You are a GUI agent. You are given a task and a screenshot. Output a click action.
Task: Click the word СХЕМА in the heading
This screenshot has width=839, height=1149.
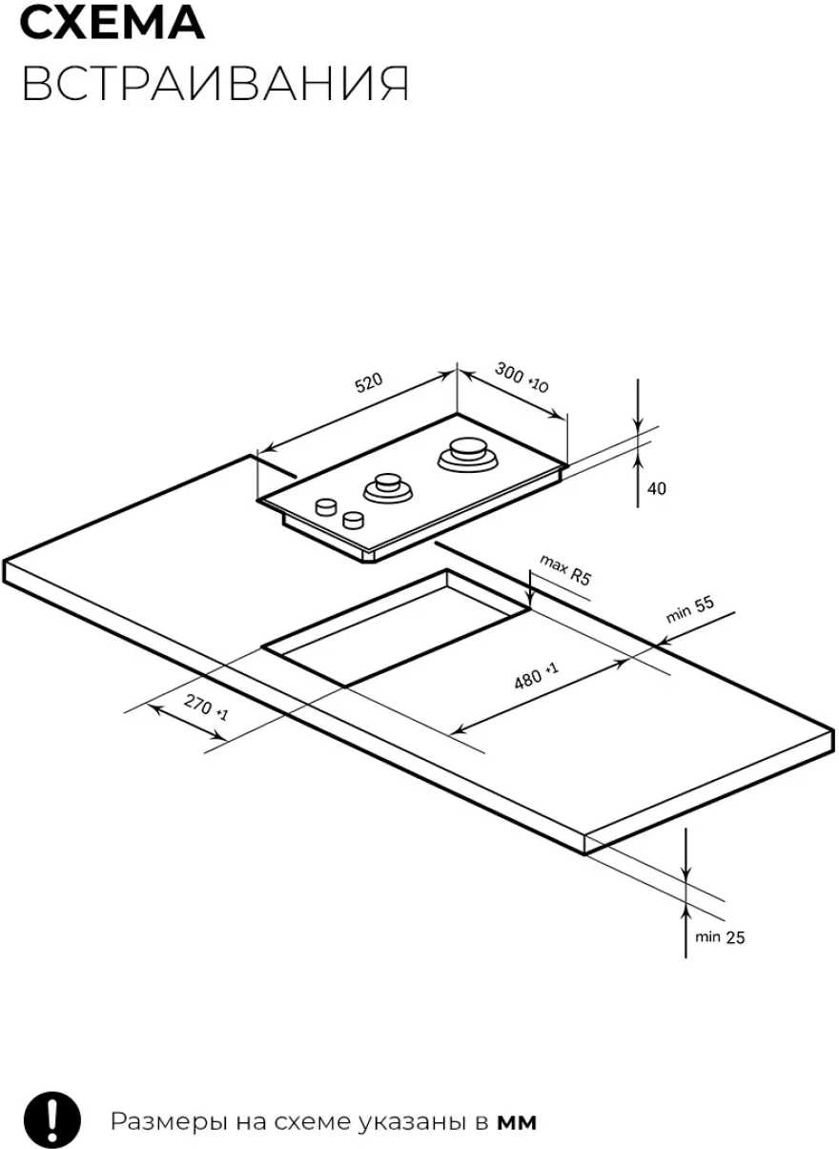coord(113,22)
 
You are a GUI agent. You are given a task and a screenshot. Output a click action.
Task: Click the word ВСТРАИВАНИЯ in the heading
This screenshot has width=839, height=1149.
coord(215,83)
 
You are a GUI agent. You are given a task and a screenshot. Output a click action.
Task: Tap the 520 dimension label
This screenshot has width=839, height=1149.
coord(369,383)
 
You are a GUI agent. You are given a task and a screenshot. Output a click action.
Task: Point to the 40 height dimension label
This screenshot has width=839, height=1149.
coord(657,489)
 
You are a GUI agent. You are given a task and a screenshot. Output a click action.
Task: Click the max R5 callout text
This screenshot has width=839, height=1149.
coord(565,569)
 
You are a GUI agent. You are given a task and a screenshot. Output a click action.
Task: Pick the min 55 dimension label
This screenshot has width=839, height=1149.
coord(689,610)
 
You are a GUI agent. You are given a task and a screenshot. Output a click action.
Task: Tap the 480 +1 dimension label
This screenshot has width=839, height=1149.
coord(536,676)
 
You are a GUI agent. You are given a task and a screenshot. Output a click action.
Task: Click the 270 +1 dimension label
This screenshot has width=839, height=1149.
coord(205,708)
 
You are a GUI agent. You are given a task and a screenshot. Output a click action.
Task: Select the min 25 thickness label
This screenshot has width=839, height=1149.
coord(720,937)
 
